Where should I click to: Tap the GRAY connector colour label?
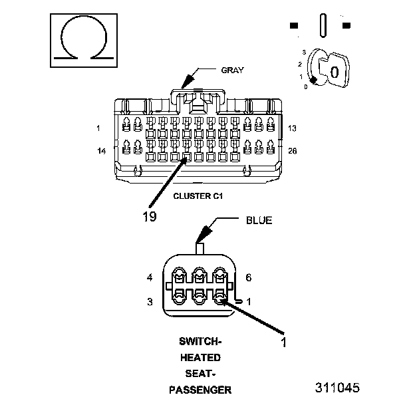pos(232,70)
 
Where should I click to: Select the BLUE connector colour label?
pos(259,220)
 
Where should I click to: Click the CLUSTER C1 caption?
pos(198,196)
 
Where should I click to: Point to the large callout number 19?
pos(150,217)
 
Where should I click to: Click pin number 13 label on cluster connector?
pos(292,128)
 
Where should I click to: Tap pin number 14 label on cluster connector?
pos(102,151)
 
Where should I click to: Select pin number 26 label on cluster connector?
pos(293,151)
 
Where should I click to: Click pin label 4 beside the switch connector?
pos(150,277)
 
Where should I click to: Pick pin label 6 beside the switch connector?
pos(249,277)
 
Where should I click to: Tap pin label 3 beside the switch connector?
pos(150,302)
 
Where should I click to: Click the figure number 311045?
pos(337,388)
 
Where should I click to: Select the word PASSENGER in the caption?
pos(200,390)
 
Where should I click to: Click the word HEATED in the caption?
pos(200,358)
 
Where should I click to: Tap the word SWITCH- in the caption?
pos(200,342)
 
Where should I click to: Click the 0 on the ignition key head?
pos(335,72)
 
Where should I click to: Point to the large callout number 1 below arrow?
pos(284,342)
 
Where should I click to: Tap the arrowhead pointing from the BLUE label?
pos(204,233)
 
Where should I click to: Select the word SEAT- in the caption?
pos(200,374)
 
